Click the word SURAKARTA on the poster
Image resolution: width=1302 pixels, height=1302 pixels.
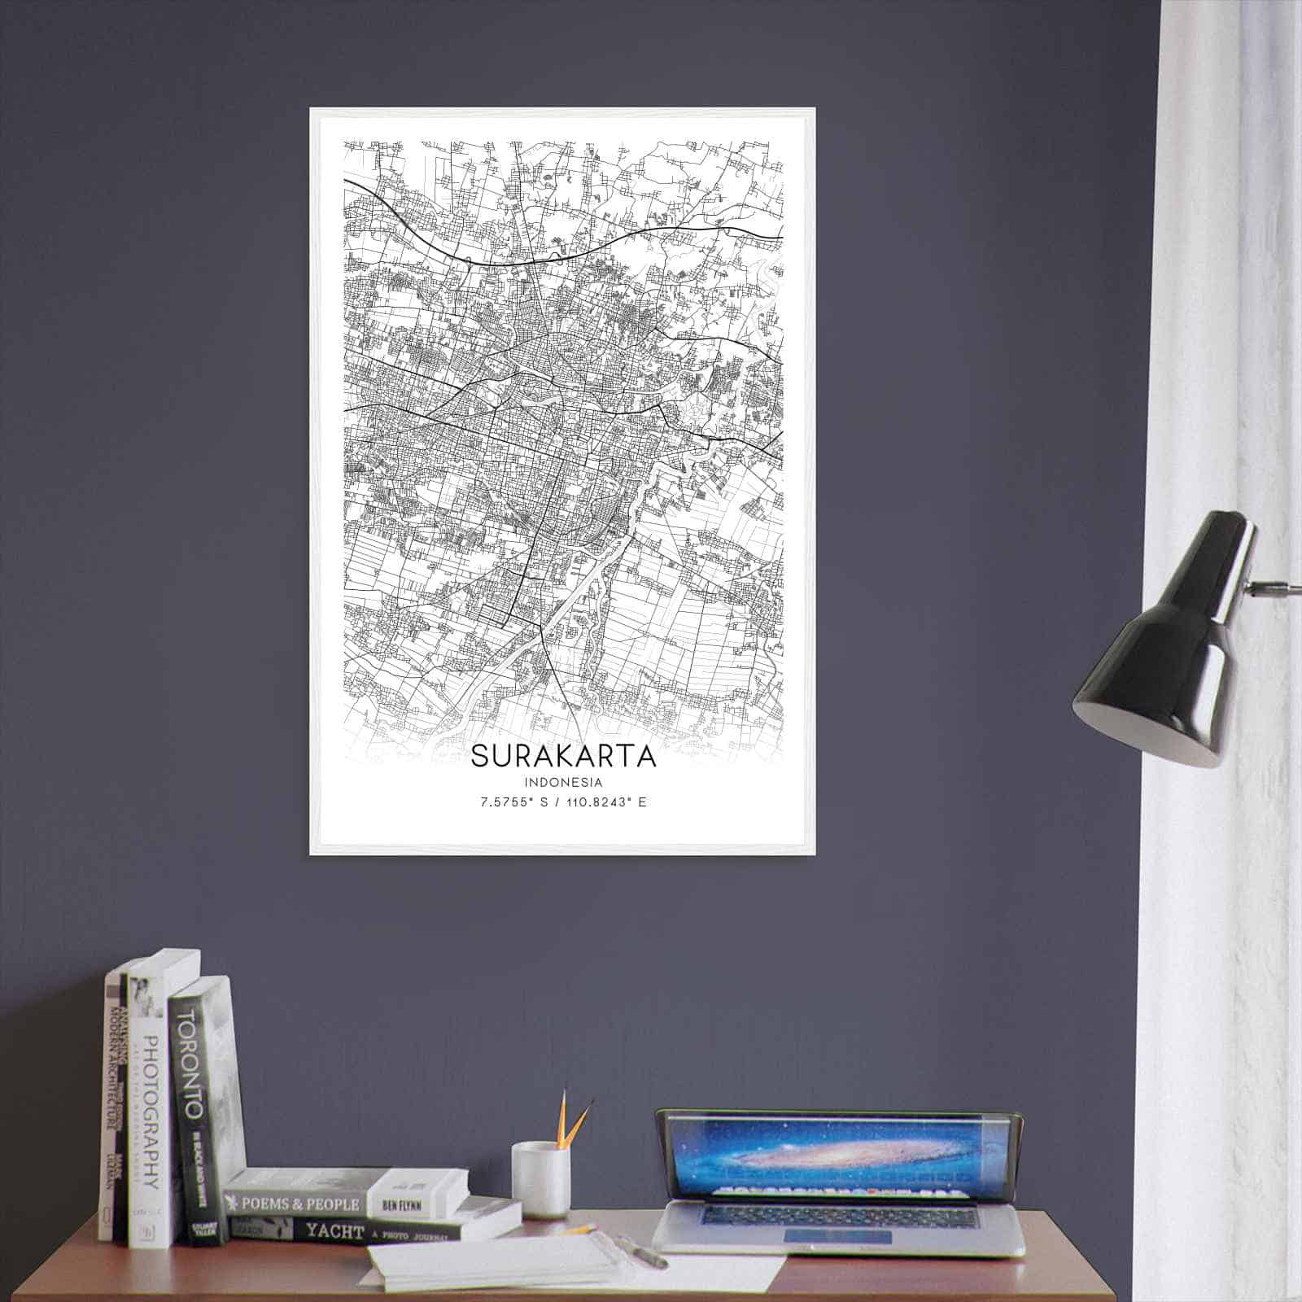[x=563, y=756]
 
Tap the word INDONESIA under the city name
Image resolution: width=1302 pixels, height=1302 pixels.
[x=563, y=783]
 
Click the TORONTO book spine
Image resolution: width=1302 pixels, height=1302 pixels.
[x=193, y=1115]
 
